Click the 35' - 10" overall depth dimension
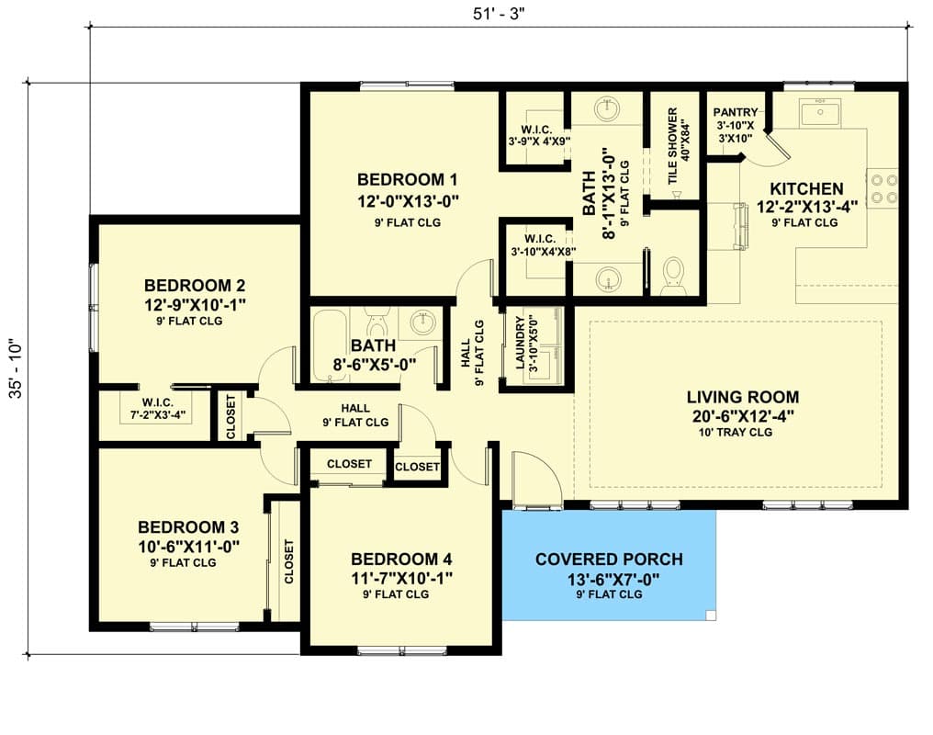(15, 369)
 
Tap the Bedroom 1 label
(407, 179)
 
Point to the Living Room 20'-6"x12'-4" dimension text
(742, 415)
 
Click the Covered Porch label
(609, 560)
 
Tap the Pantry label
(736, 113)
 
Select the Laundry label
(520, 343)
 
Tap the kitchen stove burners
(882, 188)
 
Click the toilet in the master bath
(673, 275)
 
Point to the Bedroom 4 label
(401, 560)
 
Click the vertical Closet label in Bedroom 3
(289, 562)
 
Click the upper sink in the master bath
(607, 110)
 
